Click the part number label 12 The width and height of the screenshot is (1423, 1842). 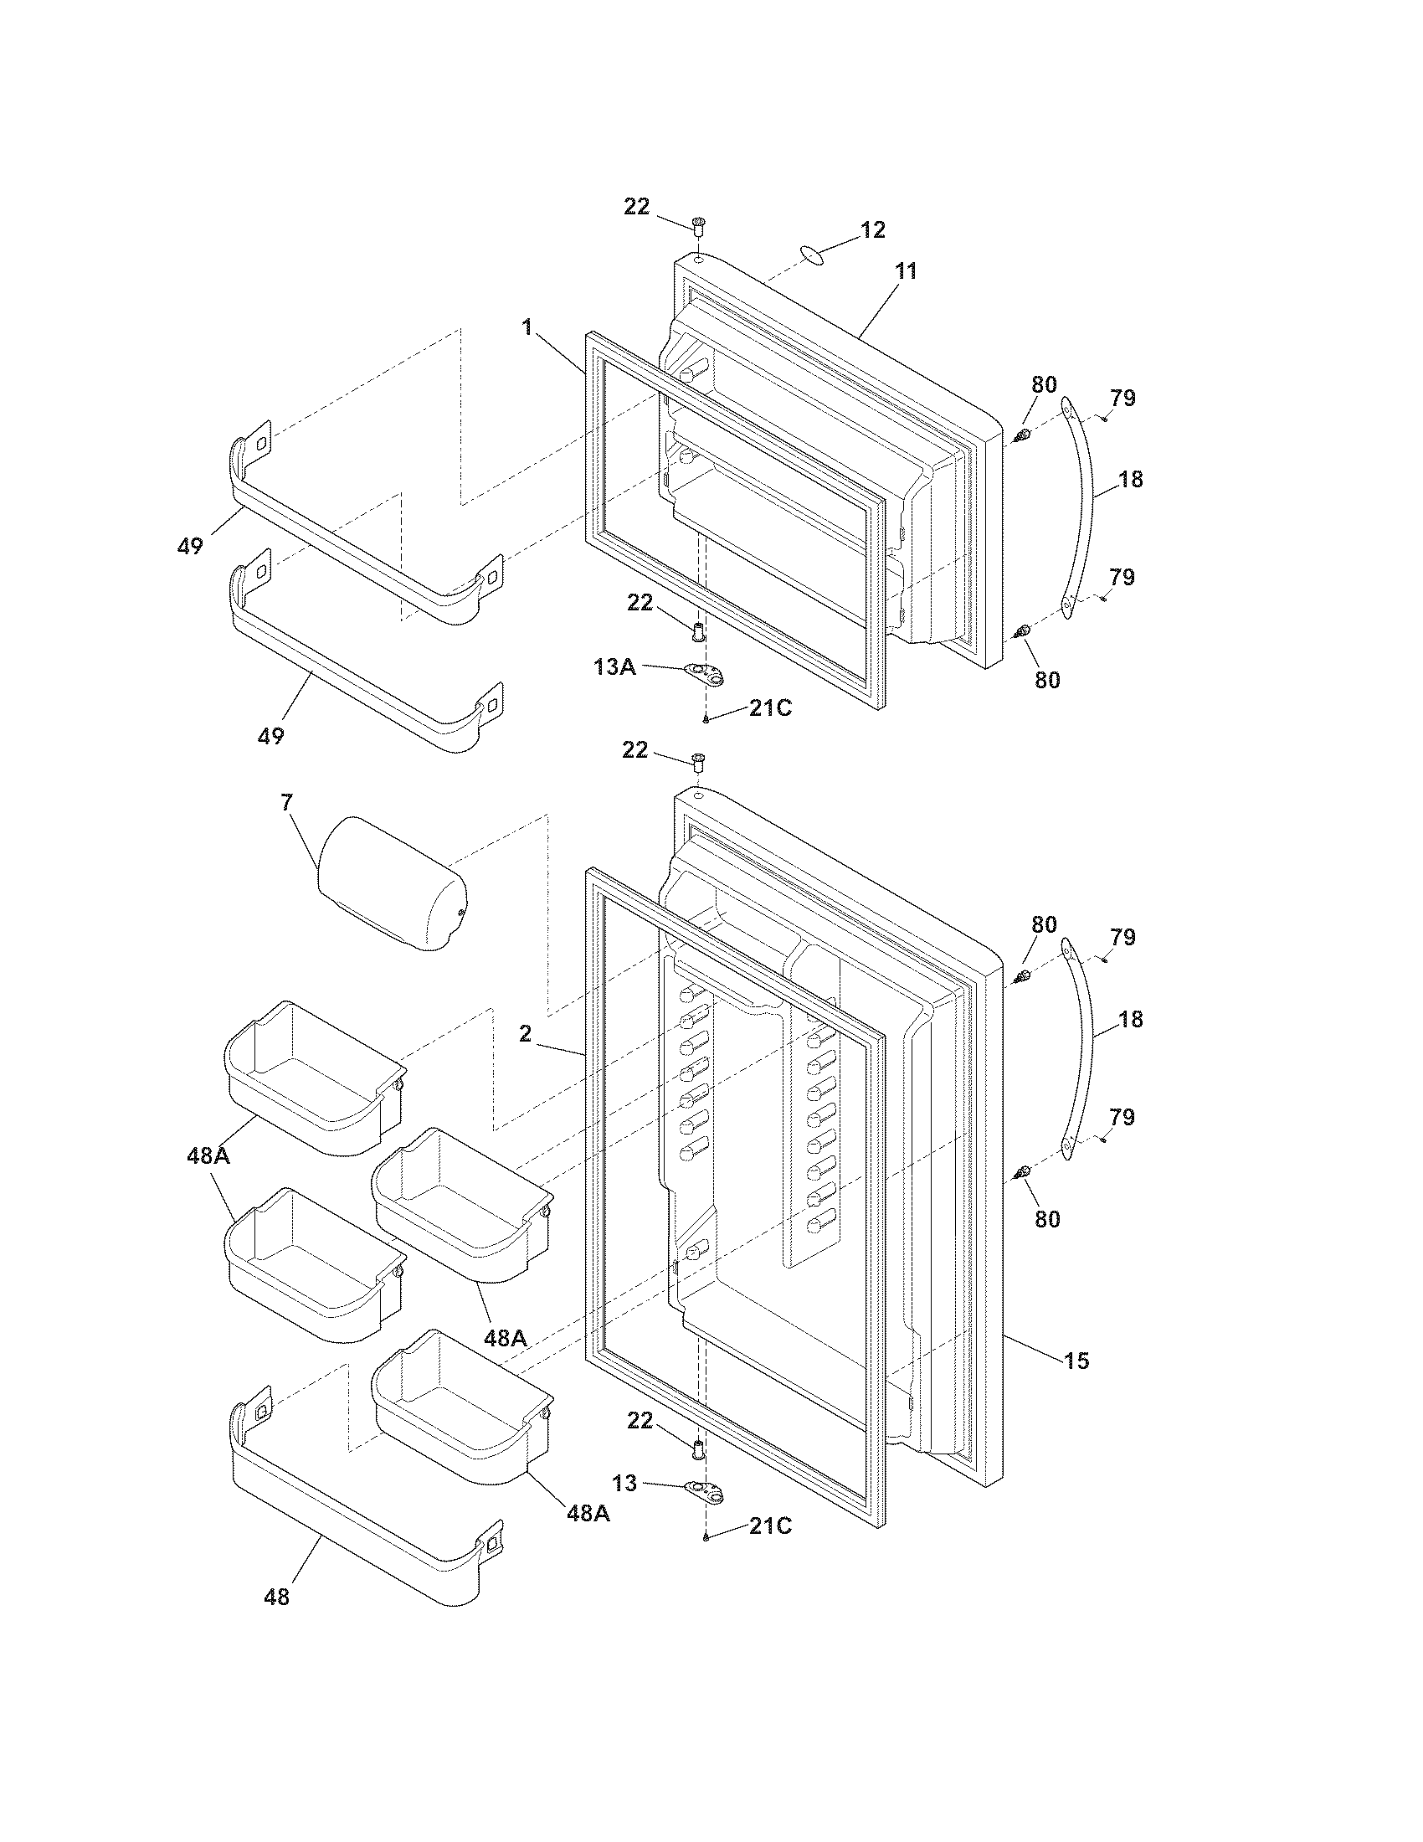[x=872, y=229]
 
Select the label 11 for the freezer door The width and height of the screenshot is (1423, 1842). [x=906, y=270]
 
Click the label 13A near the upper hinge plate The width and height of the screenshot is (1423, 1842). [x=614, y=666]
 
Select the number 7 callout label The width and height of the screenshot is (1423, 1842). [x=286, y=802]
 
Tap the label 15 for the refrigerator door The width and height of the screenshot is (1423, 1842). [x=1076, y=1360]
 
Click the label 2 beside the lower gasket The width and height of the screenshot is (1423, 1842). [x=525, y=1033]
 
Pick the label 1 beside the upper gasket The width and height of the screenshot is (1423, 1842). [x=527, y=327]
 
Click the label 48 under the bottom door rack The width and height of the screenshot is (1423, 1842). [x=276, y=1596]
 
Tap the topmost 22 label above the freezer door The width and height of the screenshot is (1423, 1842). [x=636, y=206]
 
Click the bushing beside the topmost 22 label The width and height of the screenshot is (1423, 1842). [x=698, y=225]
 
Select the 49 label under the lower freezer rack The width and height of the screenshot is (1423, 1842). [x=270, y=735]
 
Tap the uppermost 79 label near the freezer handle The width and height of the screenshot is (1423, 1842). [x=1122, y=397]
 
